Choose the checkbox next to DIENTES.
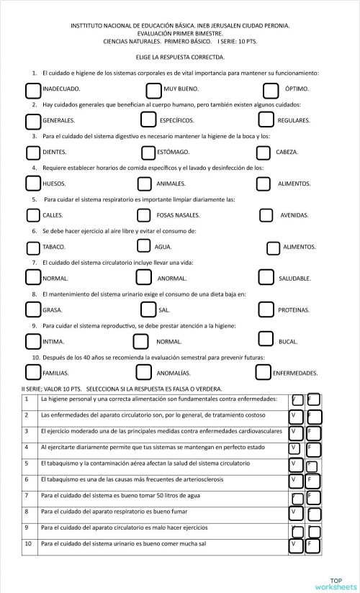click(33, 153)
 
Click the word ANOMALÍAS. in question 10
click(174, 374)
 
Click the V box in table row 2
click(295, 416)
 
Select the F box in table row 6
click(313, 480)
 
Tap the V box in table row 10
click(295, 545)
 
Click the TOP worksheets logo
click(335, 583)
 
